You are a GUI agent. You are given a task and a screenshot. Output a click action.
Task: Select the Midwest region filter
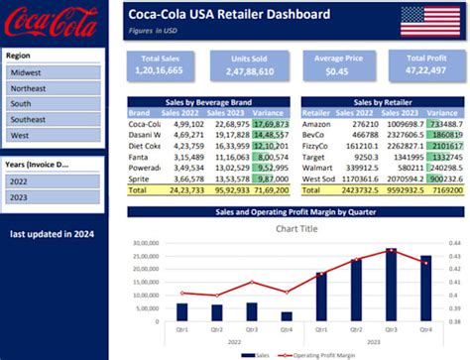pyautogui.click(x=52, y=72)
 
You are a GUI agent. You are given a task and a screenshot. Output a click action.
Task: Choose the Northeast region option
pyautogui.click(x=52, y=88)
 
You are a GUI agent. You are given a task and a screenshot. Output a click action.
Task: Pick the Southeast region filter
pyautogui.click(x=52, y=119)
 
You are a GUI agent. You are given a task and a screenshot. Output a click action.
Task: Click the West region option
pyautogui.click(x=52, y=135)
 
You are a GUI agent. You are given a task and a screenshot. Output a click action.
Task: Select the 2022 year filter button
pyautogui.click(x=52, y=181)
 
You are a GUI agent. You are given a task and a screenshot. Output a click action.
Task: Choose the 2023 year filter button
pyautogui.click(x=52, y=197)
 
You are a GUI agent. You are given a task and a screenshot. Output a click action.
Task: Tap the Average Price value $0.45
pyautogui.click(x=338, y=72)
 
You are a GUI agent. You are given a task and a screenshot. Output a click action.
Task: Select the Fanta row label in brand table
pyautogui.click(x=140, y=156)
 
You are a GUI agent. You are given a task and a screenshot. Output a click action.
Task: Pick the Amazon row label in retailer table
pyautogui.click(x=317, y=124)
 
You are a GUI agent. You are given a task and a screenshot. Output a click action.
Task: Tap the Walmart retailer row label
pyautogui.click(x=317, y=167)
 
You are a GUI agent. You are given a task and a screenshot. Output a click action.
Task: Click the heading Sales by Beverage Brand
pyautogui.click(x=208, y=102)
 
